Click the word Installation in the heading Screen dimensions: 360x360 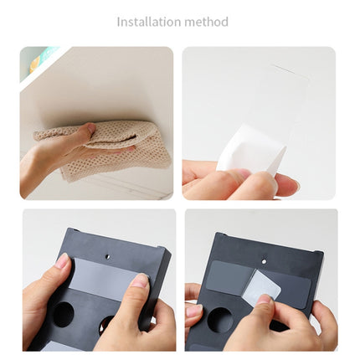(149, 22)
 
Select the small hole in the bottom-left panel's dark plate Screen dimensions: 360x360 (107, 255)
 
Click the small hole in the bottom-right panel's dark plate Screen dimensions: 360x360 (264, 261)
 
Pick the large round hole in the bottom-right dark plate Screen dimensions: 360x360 (220, 320)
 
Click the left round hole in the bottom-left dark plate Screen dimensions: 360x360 (64, 315)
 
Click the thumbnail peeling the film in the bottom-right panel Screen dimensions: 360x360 (264, 299)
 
